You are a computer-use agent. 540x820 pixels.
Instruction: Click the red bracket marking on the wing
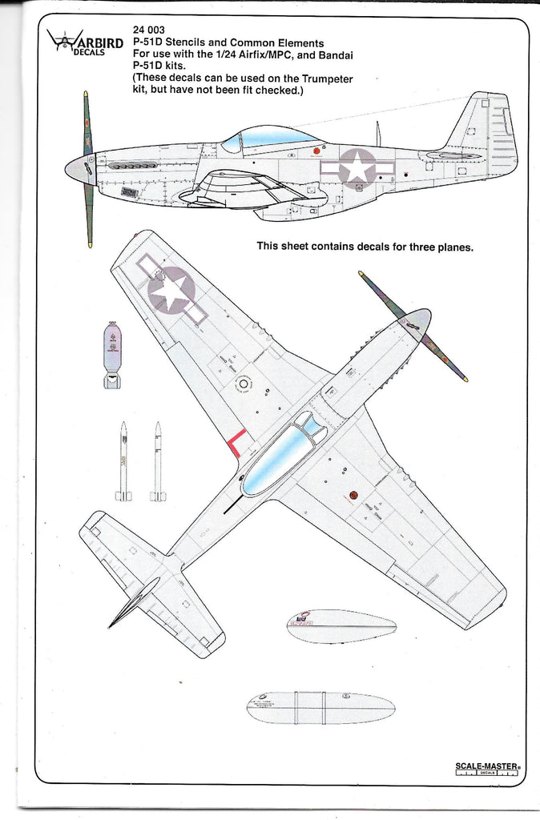pyautogui.click(x=236, y=443)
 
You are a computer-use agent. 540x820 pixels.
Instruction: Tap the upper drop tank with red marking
pyautogui.click(x=340, y=627)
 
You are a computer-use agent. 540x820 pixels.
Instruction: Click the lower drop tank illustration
pyautogui.click(x=320, y=709)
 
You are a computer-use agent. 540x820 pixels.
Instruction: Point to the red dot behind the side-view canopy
pyautogui.click(x=317, y=149)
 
